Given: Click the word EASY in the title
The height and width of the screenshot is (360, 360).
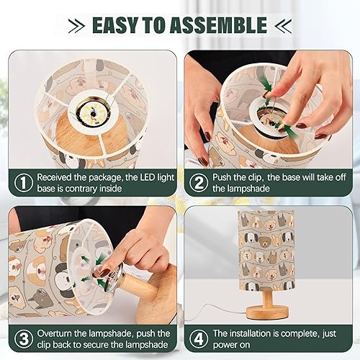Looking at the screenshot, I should (118, 24).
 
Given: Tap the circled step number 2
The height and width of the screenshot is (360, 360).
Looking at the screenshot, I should (198, 181).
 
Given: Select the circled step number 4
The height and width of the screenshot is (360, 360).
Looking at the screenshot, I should (198, 339).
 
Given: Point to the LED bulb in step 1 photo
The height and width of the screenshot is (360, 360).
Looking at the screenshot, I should (91, 110).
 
